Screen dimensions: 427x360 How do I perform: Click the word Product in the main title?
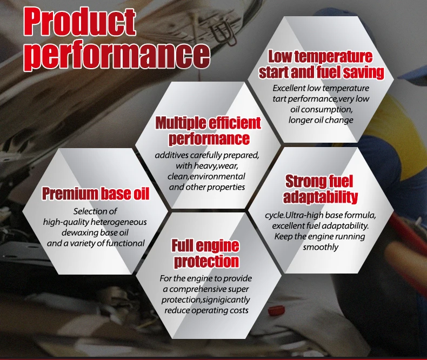79,22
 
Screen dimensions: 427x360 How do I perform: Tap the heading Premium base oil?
96,194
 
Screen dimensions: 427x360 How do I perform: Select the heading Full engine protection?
206,254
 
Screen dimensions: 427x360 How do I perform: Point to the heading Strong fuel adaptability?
320,189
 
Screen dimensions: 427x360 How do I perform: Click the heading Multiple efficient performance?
208,131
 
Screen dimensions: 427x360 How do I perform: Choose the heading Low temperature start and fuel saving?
321,64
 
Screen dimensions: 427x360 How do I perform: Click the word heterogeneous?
118,222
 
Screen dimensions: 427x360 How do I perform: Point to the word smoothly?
321,247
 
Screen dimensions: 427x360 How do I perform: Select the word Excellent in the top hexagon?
289,88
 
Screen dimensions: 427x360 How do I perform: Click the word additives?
171,155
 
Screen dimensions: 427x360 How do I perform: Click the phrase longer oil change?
321,120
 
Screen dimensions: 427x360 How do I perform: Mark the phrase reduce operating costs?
206,310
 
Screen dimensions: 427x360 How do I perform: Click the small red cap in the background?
273,310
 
